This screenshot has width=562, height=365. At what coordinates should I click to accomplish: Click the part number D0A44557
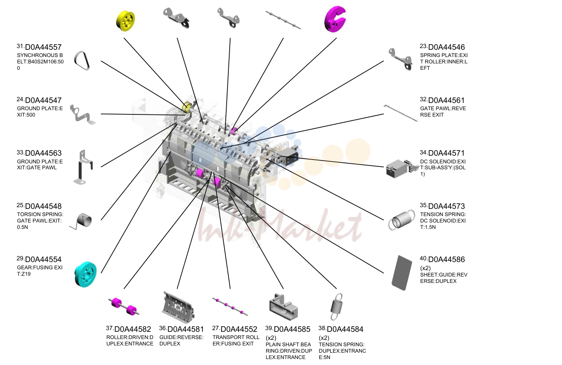click(43, 47)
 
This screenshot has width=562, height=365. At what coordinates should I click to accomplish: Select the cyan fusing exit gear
click(86, 274)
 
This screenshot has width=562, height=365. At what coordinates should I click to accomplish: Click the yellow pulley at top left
click(126, 21)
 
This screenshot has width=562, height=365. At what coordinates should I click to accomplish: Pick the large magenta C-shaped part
click(335, 20)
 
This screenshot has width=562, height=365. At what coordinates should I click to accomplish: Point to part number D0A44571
click(447, 153)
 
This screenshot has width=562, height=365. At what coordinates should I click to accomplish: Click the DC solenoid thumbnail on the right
click(402, 168)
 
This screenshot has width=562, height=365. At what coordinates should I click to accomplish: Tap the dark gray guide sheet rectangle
click(402, 273)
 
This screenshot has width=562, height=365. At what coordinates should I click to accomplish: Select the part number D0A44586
click(447, 259)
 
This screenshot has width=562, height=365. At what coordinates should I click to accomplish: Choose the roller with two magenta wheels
click(124, 307)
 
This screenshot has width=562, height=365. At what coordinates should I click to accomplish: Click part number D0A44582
click(133, 329)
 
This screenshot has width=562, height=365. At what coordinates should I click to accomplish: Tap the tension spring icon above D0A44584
click(336, 307)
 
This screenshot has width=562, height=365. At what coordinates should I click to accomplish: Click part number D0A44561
click(447, 100)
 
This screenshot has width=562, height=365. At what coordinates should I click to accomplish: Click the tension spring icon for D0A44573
click(402, 220)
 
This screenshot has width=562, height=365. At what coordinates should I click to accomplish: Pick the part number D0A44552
click(239, 329)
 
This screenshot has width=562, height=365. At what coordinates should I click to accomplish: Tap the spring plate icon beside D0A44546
click(401, 60)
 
